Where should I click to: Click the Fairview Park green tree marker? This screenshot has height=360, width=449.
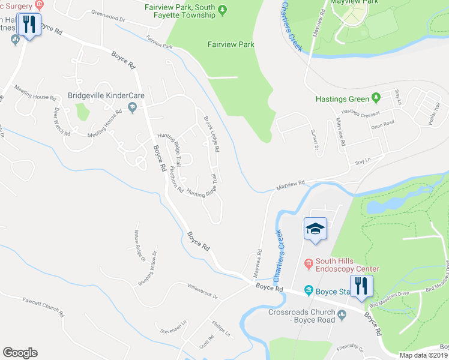223,8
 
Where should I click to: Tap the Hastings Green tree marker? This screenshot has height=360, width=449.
376,97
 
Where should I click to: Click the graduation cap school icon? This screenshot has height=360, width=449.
316,229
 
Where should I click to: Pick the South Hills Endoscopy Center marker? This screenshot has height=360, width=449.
309,262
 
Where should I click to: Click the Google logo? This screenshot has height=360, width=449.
20,353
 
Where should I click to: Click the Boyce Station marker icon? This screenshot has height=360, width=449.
309,290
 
